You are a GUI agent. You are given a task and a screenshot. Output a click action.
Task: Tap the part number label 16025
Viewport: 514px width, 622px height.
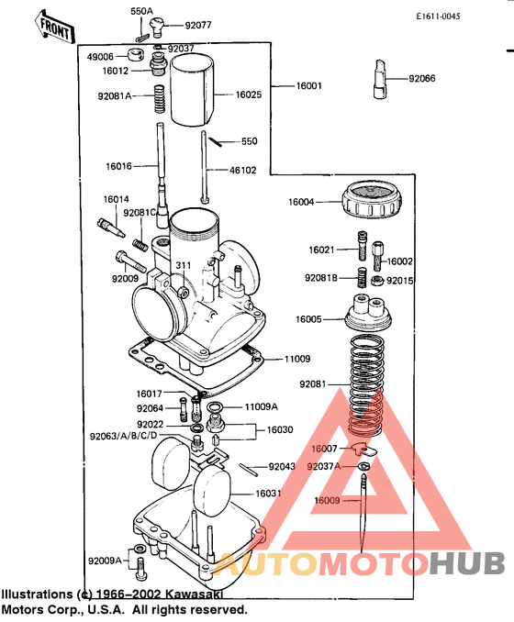[249, 94]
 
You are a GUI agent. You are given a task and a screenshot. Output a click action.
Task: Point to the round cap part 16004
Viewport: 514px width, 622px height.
[371, 201]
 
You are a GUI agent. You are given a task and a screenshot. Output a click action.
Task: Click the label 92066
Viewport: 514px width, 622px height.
[422, 79]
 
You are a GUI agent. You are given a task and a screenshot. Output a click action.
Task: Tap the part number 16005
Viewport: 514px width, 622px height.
[307, 319]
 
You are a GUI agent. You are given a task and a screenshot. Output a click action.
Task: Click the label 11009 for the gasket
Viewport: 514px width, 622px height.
[297, 360]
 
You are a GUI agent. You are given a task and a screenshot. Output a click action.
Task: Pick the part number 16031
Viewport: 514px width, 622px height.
[268, 494]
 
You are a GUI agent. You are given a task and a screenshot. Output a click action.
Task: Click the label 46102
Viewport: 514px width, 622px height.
[242, 170]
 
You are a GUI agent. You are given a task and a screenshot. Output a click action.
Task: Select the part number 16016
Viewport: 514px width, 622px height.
[119, 166]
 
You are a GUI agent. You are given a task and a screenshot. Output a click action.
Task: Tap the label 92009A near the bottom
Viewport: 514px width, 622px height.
[105, 560]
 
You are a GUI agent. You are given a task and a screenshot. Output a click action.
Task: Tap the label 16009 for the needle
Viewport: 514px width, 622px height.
[327, 501]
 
